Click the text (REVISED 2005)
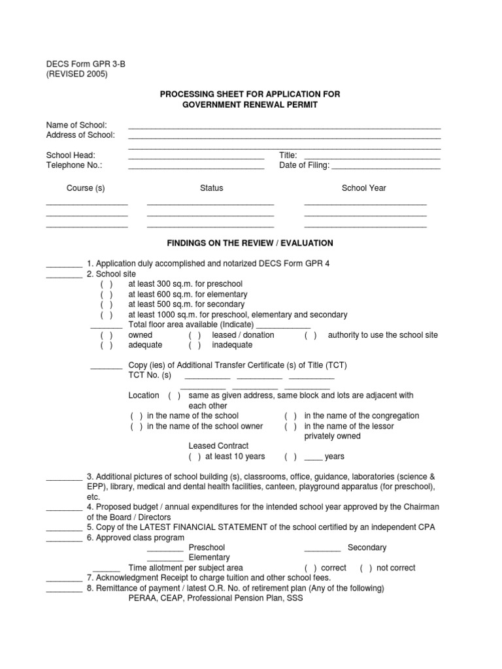[76, 74]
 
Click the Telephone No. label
[74, 165]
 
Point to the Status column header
[211, 188]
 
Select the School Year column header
[363, 188]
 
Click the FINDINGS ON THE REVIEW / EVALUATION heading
[250, 243]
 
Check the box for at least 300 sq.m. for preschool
[107, 284]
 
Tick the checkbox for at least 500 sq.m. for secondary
[107, 304]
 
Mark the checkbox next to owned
[107, 335]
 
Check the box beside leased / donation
[195, 335]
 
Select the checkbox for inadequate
[195, 345]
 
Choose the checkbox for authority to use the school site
[310, 335]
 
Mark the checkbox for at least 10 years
[195, 457]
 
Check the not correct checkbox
[366, 568]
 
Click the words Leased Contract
[219, 446]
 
